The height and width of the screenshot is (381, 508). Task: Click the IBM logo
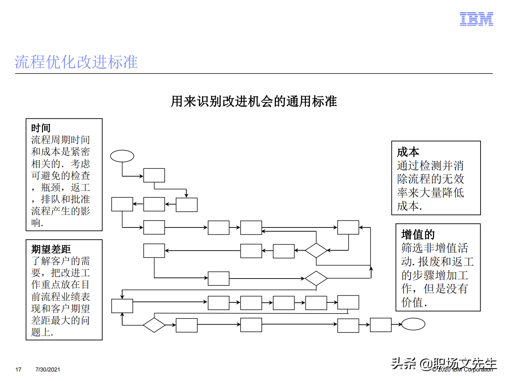(476, 19)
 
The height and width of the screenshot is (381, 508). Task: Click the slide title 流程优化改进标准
(76, 62)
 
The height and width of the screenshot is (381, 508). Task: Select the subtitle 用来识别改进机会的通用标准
(254, 101)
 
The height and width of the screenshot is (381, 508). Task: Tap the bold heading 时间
(41, 128)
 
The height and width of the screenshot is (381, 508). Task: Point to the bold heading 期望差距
(51, 249)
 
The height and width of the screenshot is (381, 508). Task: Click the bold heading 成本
(408, 152)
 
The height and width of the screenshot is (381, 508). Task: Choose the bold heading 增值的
(418, 234)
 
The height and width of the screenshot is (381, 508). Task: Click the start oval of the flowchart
(122, 156)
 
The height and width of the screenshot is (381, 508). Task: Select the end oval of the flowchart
(413, 324)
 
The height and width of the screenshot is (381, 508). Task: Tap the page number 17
(18, 369)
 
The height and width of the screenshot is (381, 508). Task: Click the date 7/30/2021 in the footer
(48, 369)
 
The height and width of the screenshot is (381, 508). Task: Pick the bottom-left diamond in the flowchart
(154, 325)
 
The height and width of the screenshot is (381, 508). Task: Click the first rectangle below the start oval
(154, 175)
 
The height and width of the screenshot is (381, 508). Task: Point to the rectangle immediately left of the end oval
(381, 325)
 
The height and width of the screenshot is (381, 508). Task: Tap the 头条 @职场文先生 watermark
(444, 363)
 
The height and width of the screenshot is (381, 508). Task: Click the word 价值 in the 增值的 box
(412, 303)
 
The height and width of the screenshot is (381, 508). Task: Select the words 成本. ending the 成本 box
(409, 206)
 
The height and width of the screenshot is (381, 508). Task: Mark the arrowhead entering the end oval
(400, 325)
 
